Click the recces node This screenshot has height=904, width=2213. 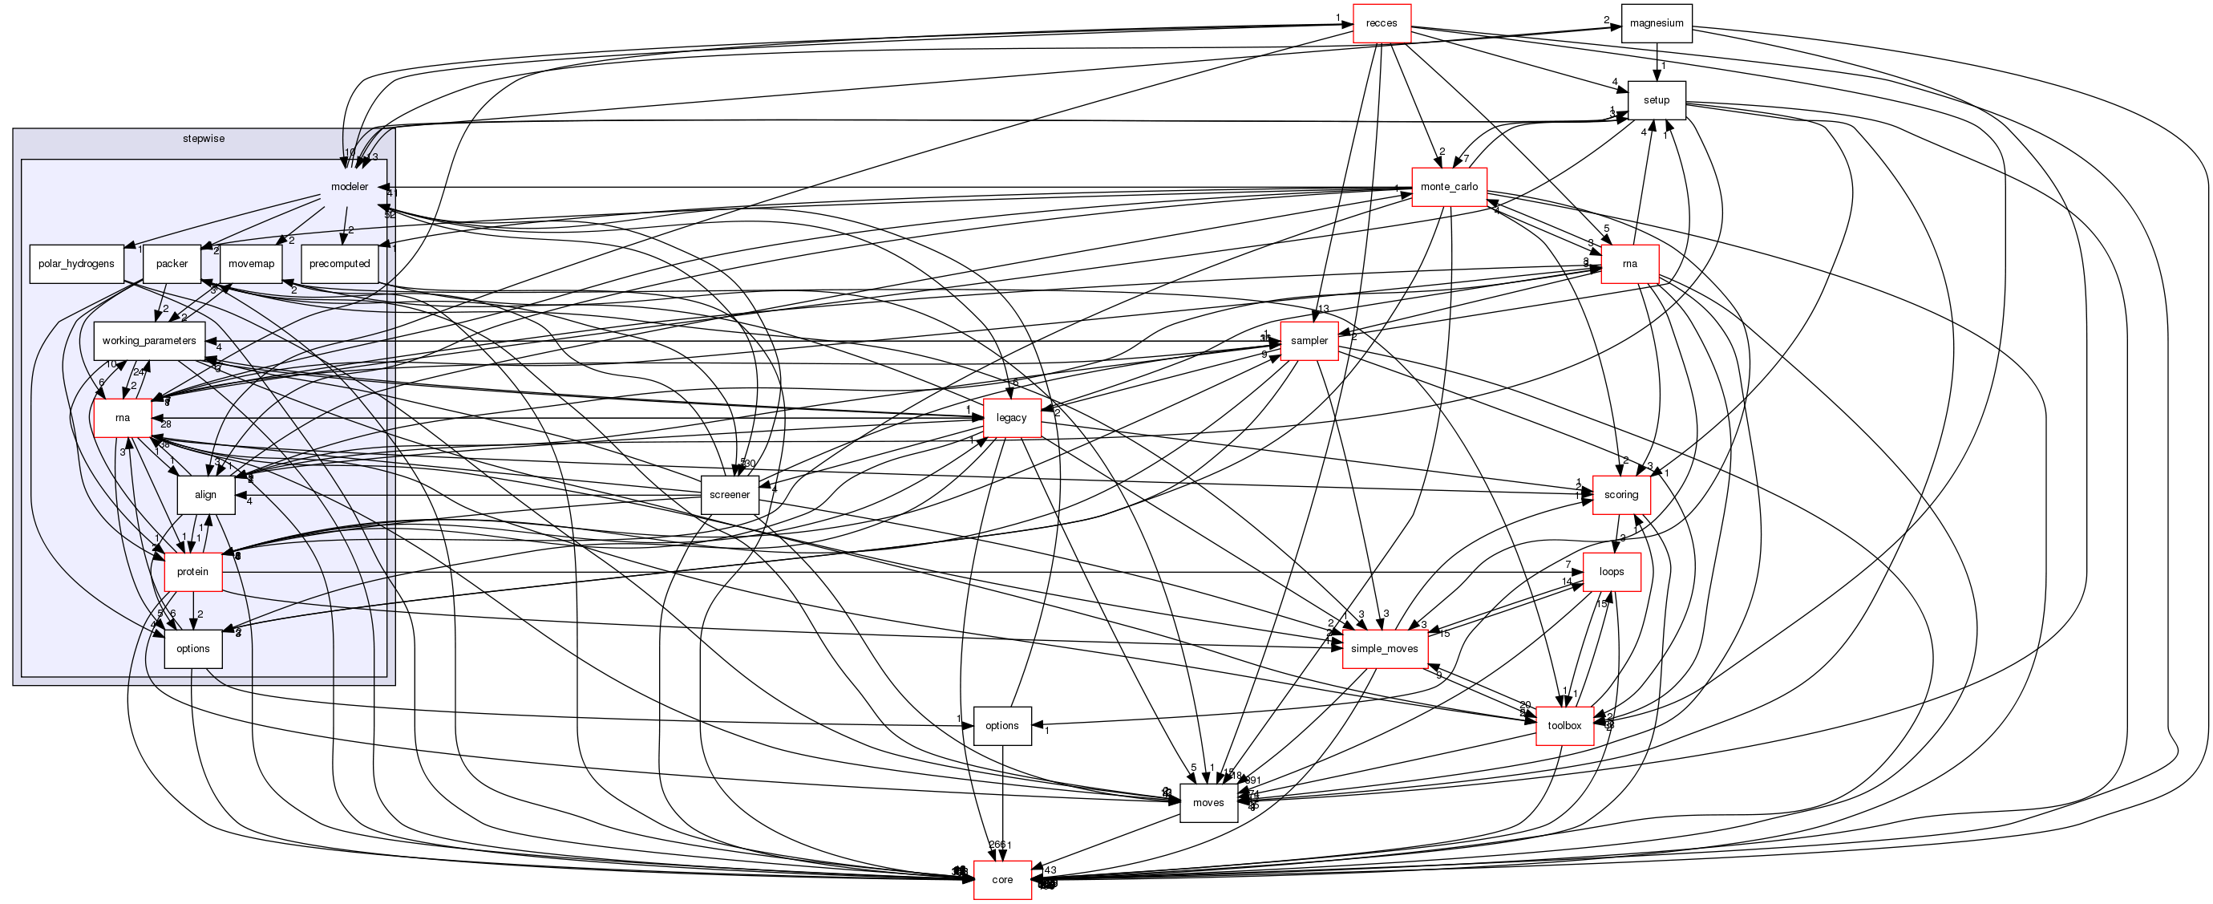coord(1382,23)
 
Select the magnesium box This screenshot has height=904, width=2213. coord(1657,23)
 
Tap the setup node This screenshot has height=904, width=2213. coord(1657,100)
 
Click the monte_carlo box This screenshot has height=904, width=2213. coord(1450,186)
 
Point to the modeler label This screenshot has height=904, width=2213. coord(350,186)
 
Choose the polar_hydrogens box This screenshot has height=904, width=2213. coord(76,264)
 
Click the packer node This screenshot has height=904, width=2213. coord(172,264)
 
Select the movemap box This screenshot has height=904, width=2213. coord(252,264)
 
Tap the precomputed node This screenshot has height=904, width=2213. coord(339,264)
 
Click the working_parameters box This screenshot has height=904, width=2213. coord(148,341)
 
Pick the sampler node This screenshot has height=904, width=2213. coord(1309,341)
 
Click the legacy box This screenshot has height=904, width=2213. coord(1011,418)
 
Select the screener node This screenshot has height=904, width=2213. coord(730,495)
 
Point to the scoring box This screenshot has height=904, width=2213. coord(1621,495)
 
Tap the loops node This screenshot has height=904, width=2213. coord(1612,571)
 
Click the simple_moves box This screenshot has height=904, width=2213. coord(1384,649)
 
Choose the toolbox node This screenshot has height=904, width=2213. coord(1564,725)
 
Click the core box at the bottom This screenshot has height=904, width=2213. coord(1001,880)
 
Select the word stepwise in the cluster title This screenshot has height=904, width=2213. coord(204,138)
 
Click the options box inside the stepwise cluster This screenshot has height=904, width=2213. coord(193,649)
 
